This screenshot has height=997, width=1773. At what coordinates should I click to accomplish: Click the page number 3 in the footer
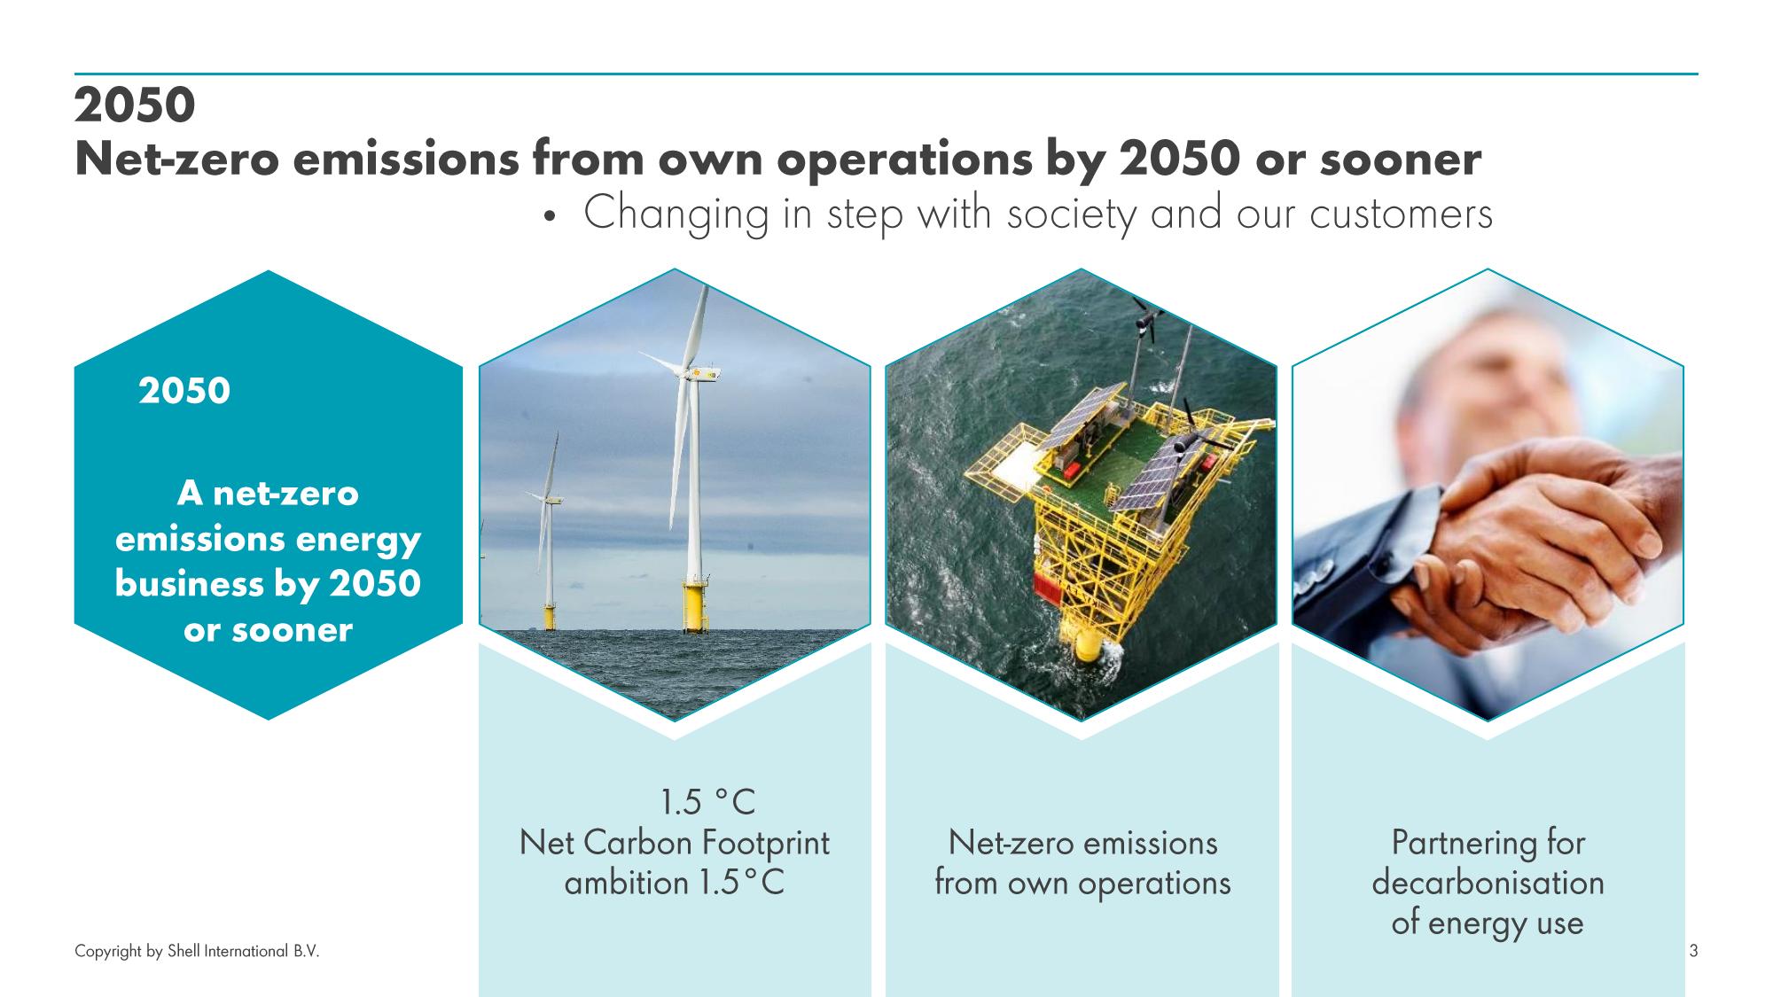click(x=1694, y=952)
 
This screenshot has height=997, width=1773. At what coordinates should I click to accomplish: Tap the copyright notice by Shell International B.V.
click(x=197, y=952)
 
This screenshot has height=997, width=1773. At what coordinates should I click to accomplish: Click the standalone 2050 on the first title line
click(x=135, y=107)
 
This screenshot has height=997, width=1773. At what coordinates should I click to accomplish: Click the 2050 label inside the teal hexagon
click(x=184, y=391)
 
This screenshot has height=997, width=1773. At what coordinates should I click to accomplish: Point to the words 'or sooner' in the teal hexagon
click(x=268, y=630)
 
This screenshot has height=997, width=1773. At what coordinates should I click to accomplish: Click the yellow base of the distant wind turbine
click(x=550, y=617)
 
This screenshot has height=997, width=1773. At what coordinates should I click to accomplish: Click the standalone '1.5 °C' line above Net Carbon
click(x=707, y=803)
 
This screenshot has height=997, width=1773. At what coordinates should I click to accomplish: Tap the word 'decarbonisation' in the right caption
click(x=1488, y=883)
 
